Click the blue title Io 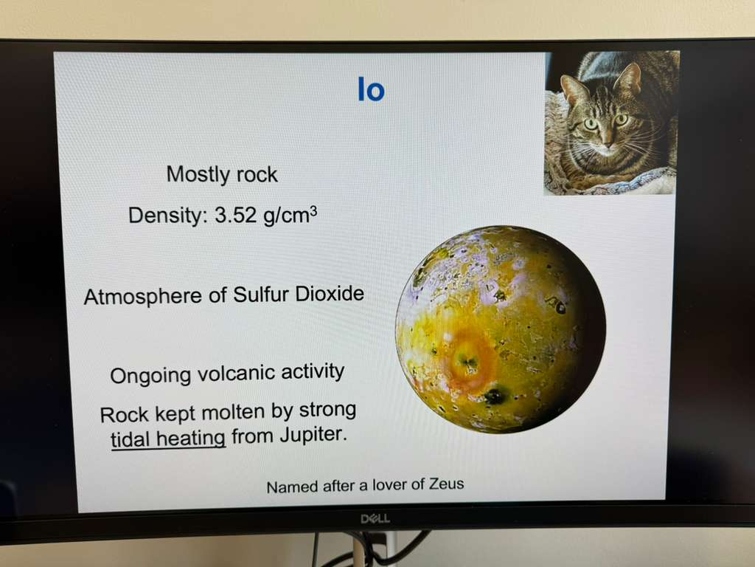tap(372, 89)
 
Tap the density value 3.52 tap(235, 215)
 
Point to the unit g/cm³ tap(290, 215)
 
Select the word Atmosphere tap(142, 295)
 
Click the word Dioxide tap(330, 293)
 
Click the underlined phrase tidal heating tap(168, 439)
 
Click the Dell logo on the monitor tap(375, 519)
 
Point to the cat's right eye tap(591, 124)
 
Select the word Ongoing tap(150, 376)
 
